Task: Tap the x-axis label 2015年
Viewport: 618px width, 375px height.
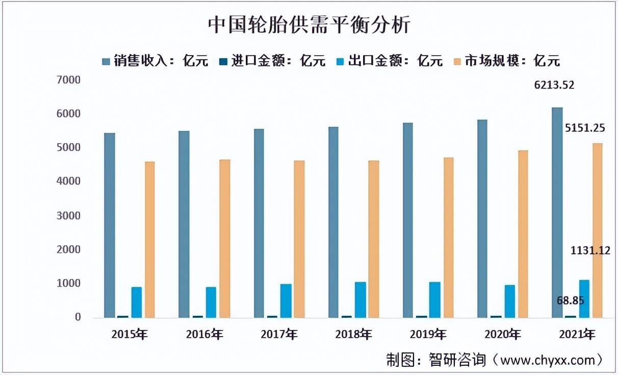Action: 130,335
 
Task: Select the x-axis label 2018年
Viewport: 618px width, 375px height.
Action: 353,335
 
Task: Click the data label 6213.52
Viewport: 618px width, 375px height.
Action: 554,85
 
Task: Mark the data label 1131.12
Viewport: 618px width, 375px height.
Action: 590,250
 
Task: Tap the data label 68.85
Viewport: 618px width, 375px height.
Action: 570,300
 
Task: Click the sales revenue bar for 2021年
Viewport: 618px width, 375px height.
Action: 557,212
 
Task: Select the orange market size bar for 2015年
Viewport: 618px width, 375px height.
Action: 149,240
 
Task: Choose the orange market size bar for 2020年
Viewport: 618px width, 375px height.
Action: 523,233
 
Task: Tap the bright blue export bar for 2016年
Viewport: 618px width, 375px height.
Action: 211,302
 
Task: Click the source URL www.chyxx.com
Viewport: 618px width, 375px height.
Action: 548,360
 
